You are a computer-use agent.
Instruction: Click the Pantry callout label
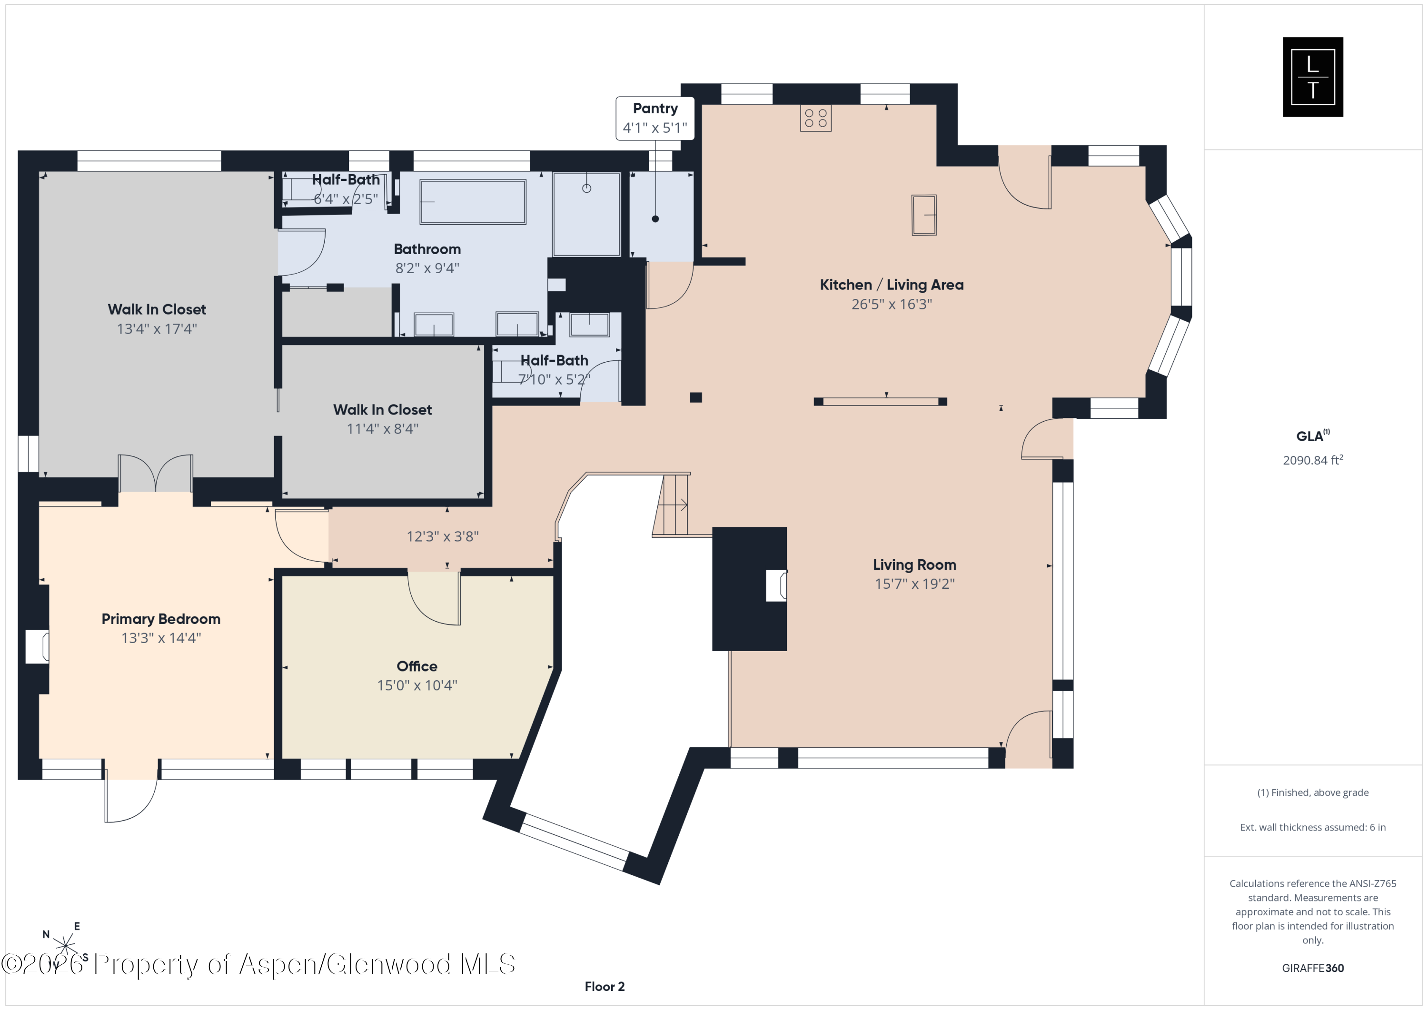[x=655, y=118]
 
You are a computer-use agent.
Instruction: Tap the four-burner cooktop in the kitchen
[x=815, y=118]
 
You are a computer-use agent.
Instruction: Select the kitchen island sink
[x=923, y=215]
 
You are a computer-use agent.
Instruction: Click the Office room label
[x=416, y=666]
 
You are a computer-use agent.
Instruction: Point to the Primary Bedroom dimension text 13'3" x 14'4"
[x=161, y=638]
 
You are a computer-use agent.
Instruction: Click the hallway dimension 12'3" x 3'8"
[x=442, y=536]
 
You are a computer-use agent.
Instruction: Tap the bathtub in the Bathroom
[x=473, y=201]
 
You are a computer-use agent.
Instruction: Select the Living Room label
[x=914, y=564]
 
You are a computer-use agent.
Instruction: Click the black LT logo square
[x=1312, y=77]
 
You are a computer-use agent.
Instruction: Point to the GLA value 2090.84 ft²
[x=1312, y=460]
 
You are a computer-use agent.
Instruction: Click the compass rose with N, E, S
[x=65, y=945]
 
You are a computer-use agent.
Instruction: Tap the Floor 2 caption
[x=604, y=986]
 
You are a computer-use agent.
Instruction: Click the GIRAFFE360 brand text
[x=1312, y=968]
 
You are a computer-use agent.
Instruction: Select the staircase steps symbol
[x=671, y=505]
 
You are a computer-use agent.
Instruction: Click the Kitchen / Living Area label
[x=891, y=285]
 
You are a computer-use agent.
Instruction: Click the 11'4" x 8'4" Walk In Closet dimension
[x=383, y=428]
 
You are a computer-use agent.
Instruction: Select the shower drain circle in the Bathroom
[x=586, y=188]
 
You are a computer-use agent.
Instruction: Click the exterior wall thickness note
[x=1312, y=827]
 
